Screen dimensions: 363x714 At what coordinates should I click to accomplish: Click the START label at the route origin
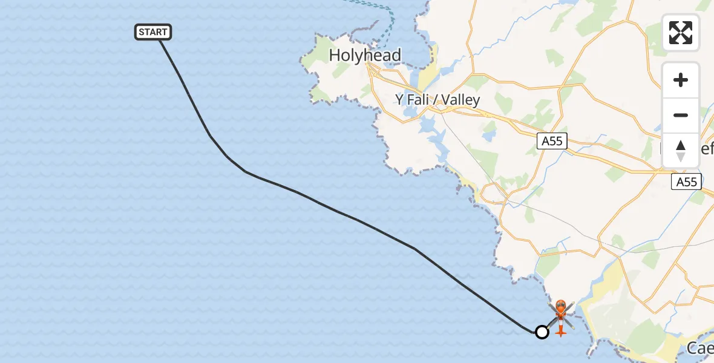coord(153,32)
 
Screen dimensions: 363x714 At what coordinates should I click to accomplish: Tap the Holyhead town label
coord(365,56)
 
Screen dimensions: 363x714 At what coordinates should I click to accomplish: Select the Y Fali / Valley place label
coord(437,100)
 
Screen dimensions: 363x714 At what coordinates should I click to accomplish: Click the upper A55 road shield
coord(551,142)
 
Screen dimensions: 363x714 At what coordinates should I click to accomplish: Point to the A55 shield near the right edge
coord(687,181)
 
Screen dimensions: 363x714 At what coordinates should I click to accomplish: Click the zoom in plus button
coord(681,80)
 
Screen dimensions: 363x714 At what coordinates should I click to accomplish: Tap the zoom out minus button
coord(681,115)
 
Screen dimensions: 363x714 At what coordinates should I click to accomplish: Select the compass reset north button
coord(681,150)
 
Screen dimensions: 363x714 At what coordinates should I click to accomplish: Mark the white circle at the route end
coord(542,332)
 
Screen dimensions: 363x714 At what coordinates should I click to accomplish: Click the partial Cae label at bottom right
coord(700,348)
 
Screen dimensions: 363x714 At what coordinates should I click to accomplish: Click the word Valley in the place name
coord(460,100)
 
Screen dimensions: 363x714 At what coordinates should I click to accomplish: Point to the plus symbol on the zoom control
coord(681,80)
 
